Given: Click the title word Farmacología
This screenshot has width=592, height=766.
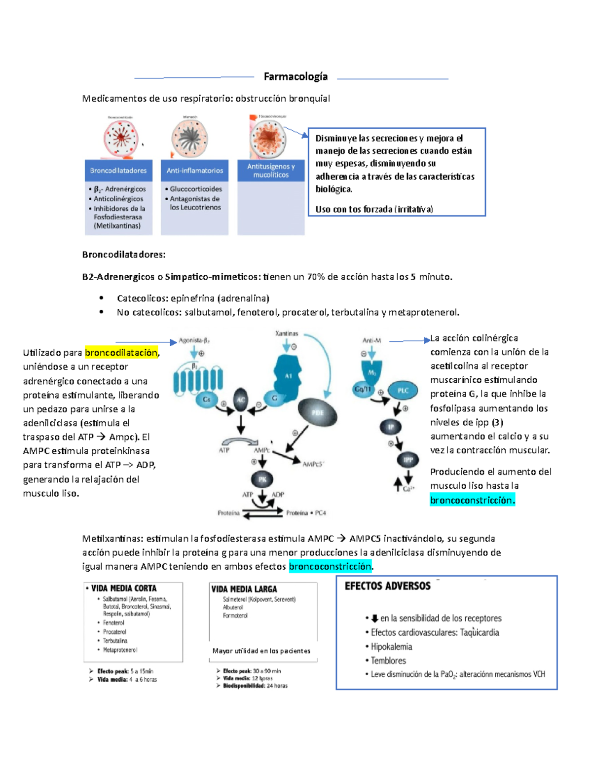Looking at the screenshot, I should click(296, 76).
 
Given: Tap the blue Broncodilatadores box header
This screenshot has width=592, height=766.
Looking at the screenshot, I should click(118, 171).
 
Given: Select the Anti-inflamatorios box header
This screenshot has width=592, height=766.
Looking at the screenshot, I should click(194, 171).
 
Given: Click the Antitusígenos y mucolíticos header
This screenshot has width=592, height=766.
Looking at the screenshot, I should click(271, 171).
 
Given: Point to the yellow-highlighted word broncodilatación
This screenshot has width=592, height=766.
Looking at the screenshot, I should click(121, 352).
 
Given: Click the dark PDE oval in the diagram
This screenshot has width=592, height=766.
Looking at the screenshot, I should click(317, 412).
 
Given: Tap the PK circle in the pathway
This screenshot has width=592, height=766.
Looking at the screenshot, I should click(262, 479).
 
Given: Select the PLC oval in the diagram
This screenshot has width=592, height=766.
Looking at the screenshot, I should click(403, 390).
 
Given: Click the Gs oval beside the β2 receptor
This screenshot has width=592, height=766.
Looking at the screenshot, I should click(207, 400).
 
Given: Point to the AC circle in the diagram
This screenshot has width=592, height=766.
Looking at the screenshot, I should click(240, 400).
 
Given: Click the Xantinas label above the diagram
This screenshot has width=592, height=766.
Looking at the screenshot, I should click(287, 333).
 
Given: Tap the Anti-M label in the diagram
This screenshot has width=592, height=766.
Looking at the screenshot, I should click(371, 340).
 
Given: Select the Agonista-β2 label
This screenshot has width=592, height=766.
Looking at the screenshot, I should click(194, 340).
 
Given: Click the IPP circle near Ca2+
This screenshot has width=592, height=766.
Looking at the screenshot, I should click(408, 460).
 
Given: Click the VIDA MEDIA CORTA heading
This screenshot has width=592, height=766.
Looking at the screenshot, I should click(124, 588).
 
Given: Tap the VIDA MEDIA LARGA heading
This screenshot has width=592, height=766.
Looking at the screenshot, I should click(244, 589).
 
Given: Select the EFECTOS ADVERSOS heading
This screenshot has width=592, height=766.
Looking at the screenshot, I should click(387, 586).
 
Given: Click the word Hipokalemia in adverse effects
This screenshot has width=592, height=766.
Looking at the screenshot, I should click(391, 647).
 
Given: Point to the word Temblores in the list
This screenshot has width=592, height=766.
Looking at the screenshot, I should click(388, 660).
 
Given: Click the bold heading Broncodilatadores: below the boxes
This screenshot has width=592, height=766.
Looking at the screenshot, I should click(124, 255).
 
